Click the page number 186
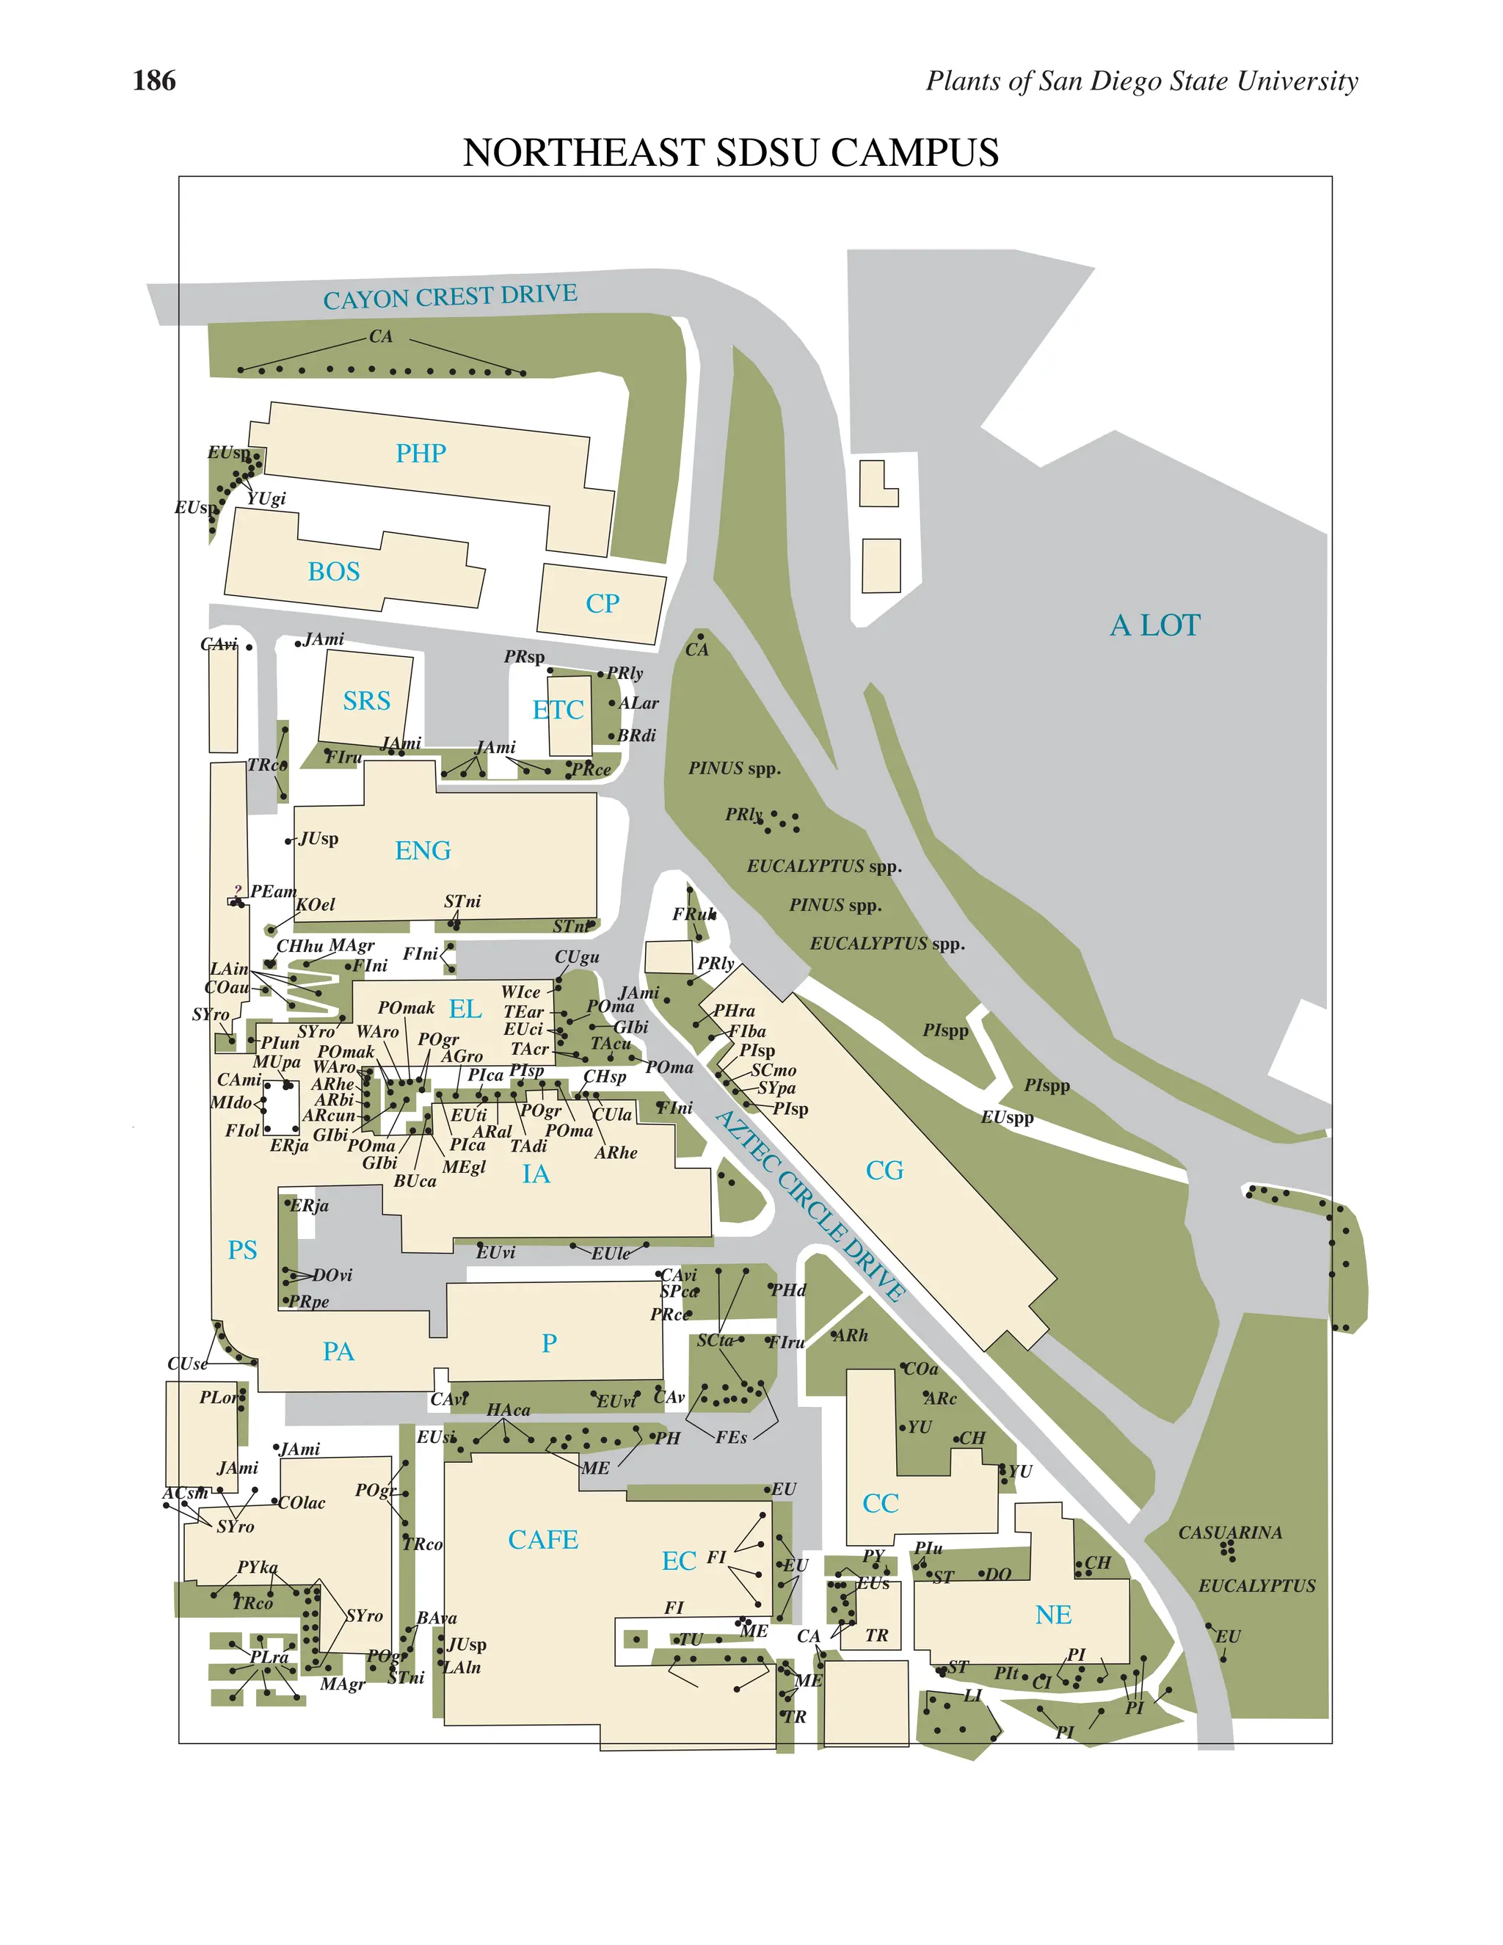tap(154, 81)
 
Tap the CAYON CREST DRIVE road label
tap(450, 297)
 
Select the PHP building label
tap(421, 454)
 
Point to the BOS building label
tap(334, 572)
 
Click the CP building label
tap(602, 604)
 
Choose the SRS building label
tap(366, 701)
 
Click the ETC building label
tap(558, 710)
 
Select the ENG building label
tap(423, 851)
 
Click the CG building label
tap(884, 1170)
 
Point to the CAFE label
tap(543, 1540)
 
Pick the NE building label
tap(1053, 1615)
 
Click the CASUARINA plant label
tap(1230, 1533)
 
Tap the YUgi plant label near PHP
tap(266, 498)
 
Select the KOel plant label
tap(315, 905)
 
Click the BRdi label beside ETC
tap(636, 735)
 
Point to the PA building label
tap(338, 1351)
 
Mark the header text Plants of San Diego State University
tap(1141, 81)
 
